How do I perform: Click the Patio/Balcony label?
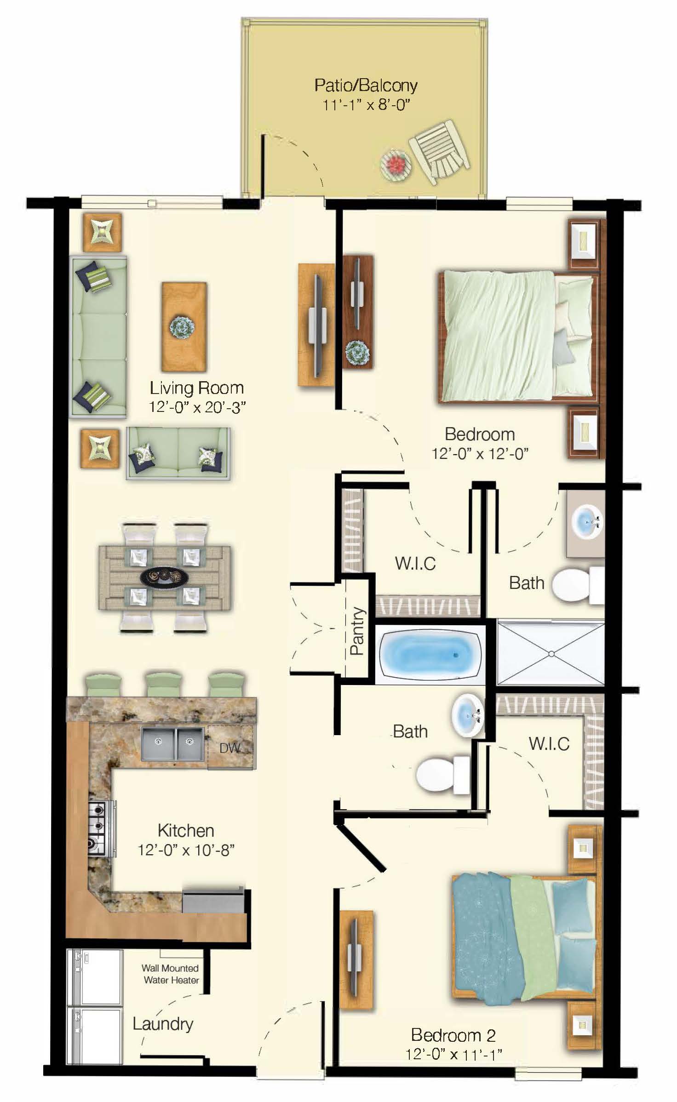pyautogui.click(x=366, y=86)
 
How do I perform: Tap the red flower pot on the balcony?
pyautogui.click(x=395, y=163)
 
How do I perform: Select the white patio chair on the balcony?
pyautogui.click(x=440, y=152)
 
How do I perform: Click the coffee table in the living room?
pyautogui.click(x=184, y=327)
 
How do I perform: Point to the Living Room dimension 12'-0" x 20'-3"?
pyautogui.click(x=197, y=407)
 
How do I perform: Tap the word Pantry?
pyautogui.click(x=357, y=631)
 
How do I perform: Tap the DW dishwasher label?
pyautogui.click(x=229, y=748)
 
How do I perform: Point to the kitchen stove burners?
pyautogui.click(x=98, y=827)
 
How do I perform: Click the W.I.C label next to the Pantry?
pyautogui.click(x=415, y=563)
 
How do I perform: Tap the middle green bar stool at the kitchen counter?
pyautogui.click(x=163, y=684)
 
